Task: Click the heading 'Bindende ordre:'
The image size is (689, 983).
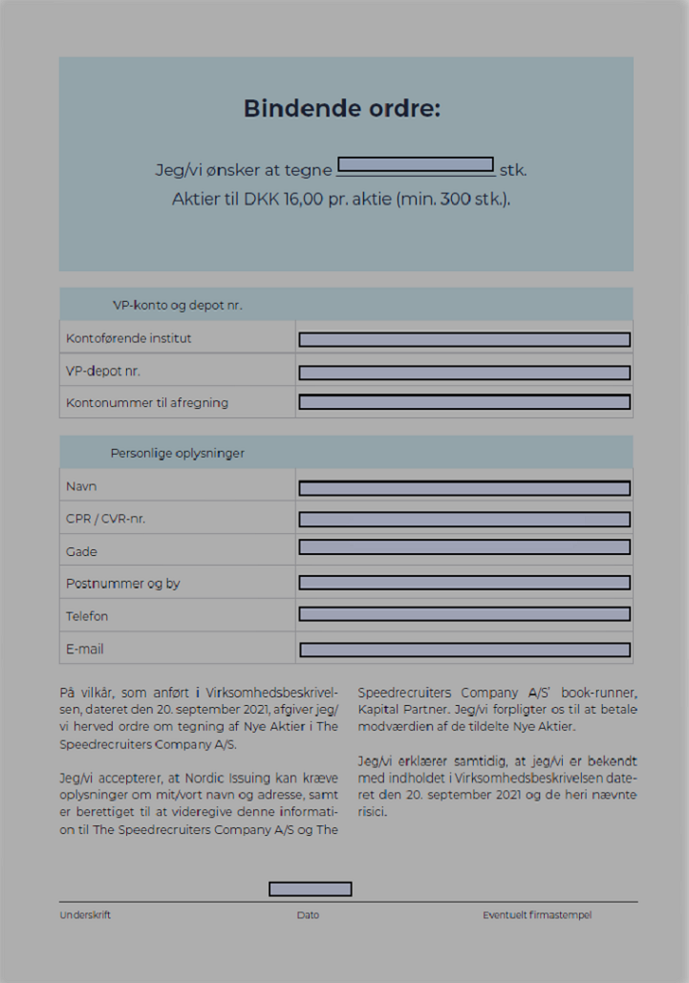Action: point(342,108)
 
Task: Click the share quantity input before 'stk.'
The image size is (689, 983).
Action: point(416,164)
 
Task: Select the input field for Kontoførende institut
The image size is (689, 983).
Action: point(464,339)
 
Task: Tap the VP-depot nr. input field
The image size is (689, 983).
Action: point(464,373)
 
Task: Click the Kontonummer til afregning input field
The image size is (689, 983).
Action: point(464,402)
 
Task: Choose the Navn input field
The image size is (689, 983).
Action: point(464,488)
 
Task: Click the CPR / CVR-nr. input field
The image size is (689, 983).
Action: point(464,520)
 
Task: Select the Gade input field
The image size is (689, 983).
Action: point(464,547)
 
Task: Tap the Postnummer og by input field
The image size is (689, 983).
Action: point(464,583)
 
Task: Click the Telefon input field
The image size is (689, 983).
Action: point(464,614)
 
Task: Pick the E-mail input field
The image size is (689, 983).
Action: point(464,650)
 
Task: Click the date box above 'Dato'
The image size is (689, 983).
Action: point(311,889)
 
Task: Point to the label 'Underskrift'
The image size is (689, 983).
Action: point(85,915)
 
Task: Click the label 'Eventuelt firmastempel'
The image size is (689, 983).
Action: point(537,915)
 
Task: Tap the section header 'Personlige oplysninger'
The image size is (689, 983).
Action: point(178,453)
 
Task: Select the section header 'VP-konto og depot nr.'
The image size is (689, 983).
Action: point(178,306)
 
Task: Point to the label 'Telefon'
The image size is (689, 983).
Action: point(87,616)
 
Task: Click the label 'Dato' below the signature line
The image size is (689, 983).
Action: point(308,915)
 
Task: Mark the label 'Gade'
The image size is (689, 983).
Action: point(81,551)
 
